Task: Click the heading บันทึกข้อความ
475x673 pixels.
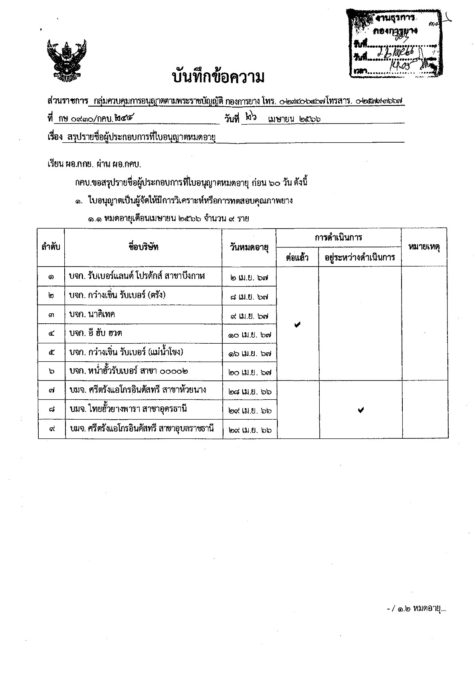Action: point(218,77)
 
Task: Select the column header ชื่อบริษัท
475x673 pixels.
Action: point(144,247)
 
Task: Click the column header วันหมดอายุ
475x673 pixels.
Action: point(249,247)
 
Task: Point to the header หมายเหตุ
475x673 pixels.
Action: point(424,247)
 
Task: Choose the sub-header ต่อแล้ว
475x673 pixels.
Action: point(297,257)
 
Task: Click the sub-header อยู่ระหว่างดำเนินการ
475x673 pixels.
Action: point(360,257)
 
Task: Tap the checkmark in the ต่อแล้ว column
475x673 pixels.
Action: point(297,325)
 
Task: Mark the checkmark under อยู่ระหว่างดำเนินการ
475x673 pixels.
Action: point(360,410)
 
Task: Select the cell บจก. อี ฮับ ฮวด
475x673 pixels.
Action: point(96,333)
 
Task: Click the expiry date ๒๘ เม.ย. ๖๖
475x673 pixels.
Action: point(250,392)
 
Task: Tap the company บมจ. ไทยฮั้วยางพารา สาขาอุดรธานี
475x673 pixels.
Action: point(129,409)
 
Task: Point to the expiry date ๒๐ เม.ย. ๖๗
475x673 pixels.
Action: point(250,372)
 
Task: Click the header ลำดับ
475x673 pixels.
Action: point(51,247)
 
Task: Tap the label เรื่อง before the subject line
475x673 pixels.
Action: point(55,137)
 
